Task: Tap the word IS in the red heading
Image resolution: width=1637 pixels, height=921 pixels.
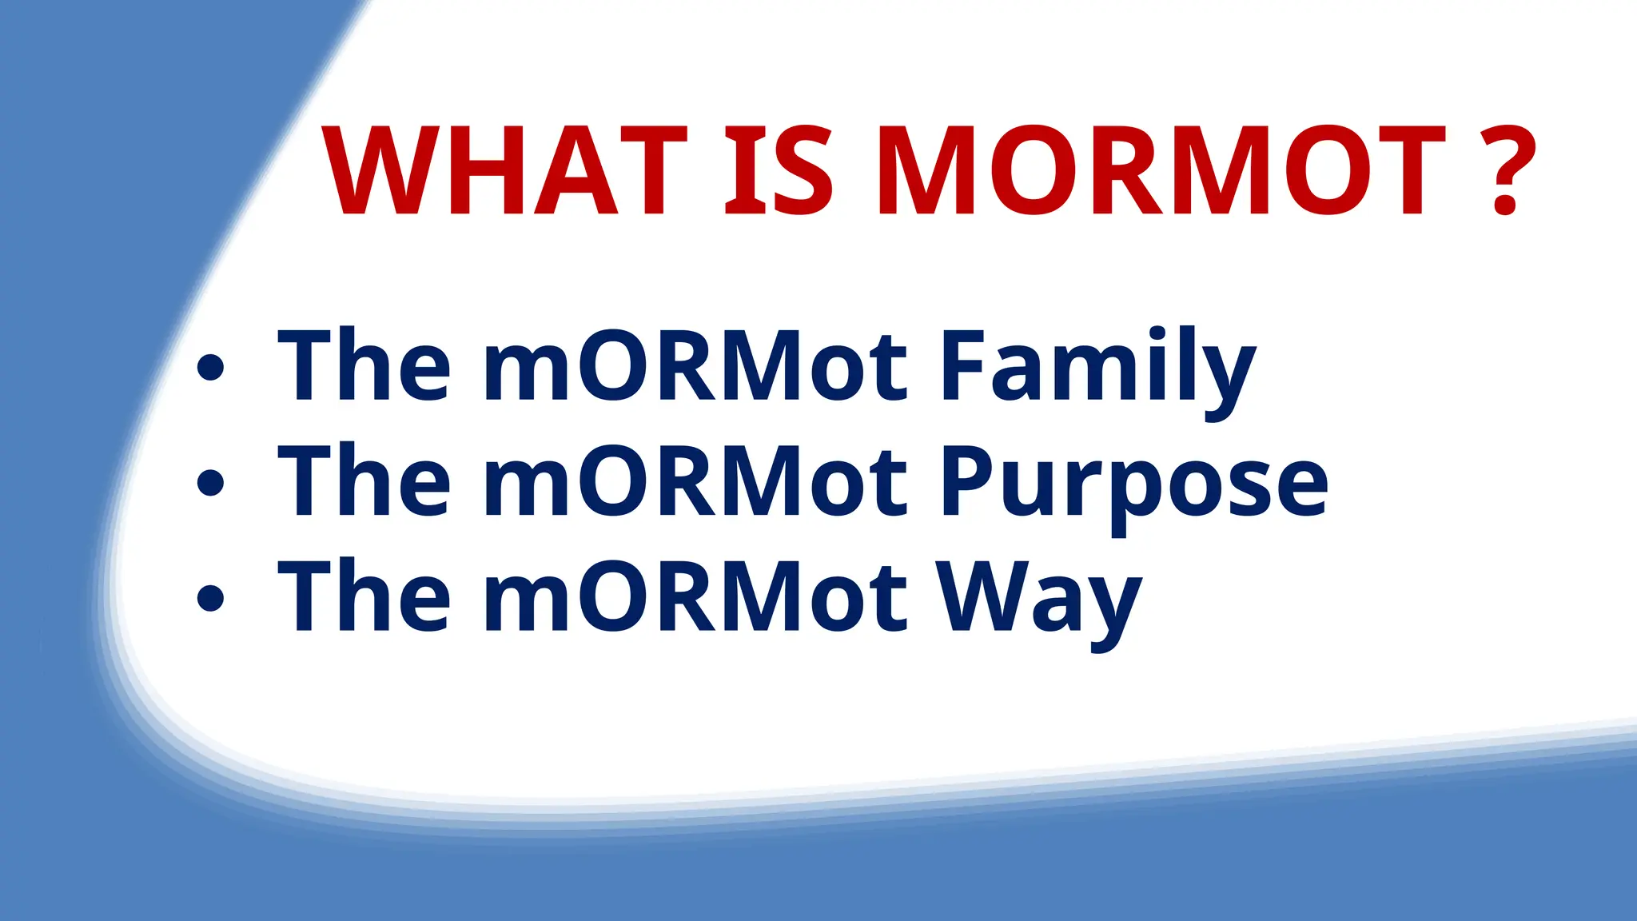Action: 779,171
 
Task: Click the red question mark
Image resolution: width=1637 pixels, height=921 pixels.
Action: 1507,171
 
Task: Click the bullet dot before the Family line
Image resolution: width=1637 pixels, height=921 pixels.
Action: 210,367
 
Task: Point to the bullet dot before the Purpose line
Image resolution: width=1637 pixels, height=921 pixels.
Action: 210,483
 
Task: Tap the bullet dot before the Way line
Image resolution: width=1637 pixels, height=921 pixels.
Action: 210,598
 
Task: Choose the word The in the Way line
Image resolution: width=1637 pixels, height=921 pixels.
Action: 364,596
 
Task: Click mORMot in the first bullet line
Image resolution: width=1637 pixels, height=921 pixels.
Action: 695,366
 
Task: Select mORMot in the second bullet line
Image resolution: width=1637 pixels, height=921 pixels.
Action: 695,482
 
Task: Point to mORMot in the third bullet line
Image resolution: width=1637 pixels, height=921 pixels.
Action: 695,598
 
